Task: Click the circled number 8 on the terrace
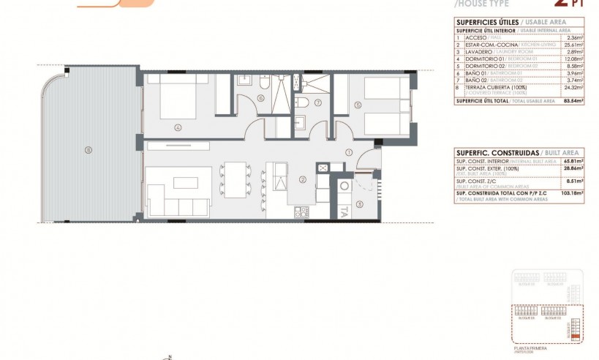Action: [x=88, y=150]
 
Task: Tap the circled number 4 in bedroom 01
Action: [x=178, y=127]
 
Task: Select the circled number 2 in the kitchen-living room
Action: [x=302, y=179]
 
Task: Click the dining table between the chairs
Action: [x=235, y=179]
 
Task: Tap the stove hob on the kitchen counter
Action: [x=300, y=212]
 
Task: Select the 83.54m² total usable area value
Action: [x=573, y=100]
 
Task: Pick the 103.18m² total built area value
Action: [x=573, y=193]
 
